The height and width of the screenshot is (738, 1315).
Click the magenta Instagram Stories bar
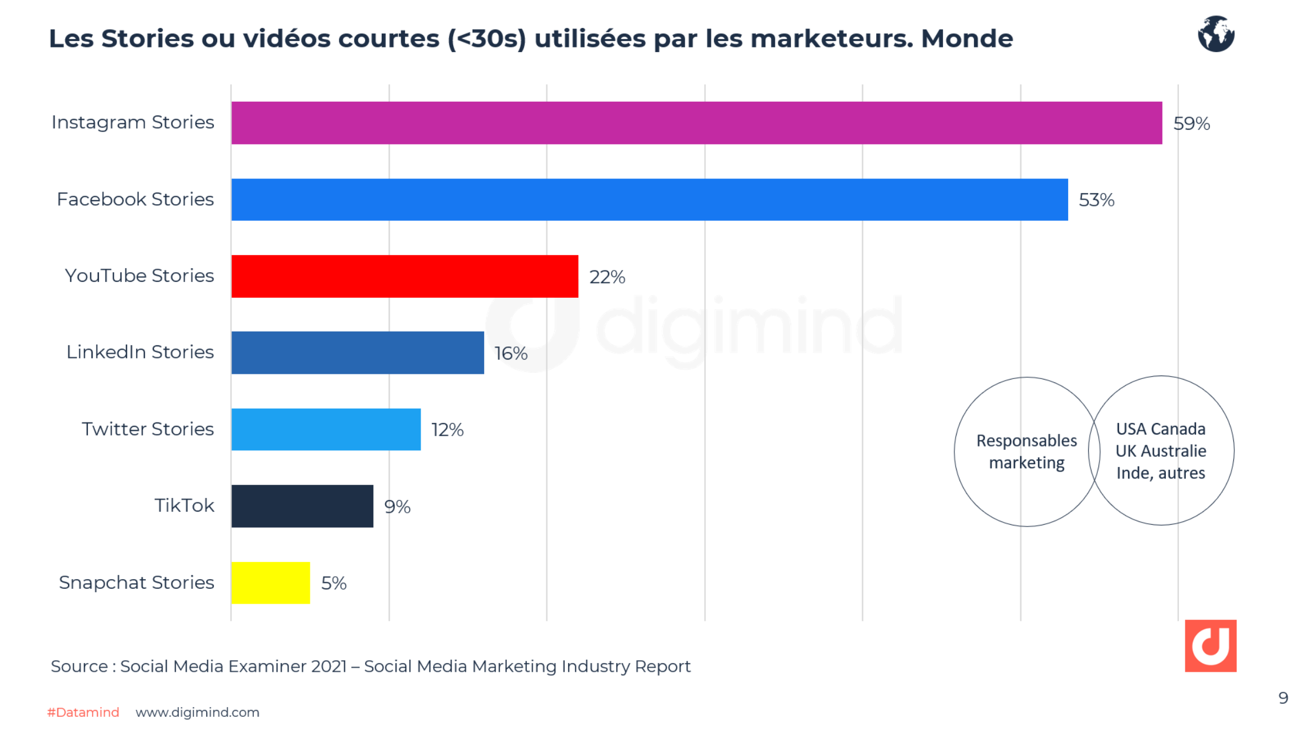coord(696,123)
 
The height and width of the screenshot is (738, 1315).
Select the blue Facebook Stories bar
coord(649,200)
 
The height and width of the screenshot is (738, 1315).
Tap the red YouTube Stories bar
coord(405,276)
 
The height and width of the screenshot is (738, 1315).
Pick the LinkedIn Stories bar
coord(357,353)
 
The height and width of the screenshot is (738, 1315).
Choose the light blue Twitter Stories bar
coord(326,429)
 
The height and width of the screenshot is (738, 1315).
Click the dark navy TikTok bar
coord(302,506)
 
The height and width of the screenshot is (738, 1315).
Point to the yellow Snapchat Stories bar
coord(270,583)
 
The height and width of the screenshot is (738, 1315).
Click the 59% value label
coord(1191,123)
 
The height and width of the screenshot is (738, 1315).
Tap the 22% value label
coord(607,277)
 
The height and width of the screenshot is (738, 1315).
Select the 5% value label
coord(334,583)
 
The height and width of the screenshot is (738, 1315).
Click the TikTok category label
coord(184,505)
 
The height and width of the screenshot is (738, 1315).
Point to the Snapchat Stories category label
coord(136,582)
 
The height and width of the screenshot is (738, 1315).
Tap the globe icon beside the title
coord(1216,34)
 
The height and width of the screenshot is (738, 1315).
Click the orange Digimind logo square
coord(1210,645)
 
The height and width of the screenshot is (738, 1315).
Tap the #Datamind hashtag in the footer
coord(83,712)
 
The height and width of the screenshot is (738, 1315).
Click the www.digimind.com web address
coord(197,712)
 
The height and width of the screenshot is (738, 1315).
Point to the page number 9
coord(1283,698)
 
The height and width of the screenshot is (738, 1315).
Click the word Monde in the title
coord(966,39)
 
